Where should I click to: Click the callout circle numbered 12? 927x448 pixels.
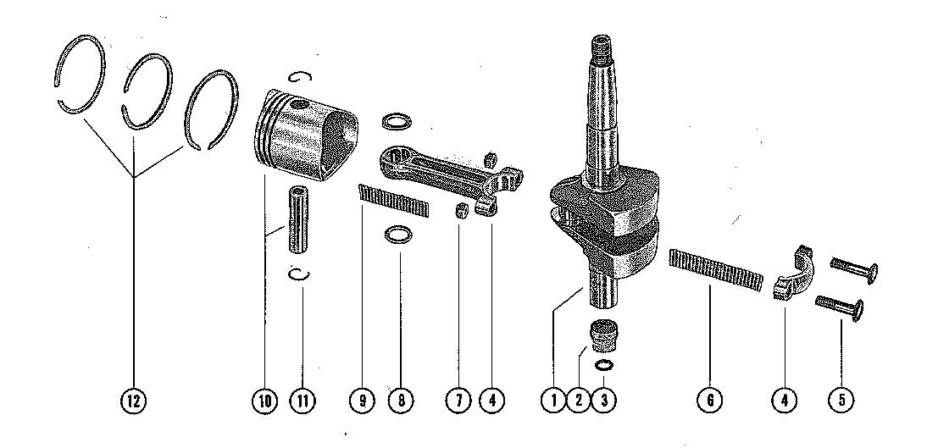click(134, 401)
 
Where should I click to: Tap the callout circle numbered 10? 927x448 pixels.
click(264, 401)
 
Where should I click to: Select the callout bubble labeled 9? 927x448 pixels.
click(363, 401)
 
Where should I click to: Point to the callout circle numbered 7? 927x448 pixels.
click(458, 401)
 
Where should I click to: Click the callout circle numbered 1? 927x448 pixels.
click(554, 401)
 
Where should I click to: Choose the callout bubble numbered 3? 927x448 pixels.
click(603, 401)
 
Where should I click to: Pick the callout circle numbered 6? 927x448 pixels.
click(710, 401)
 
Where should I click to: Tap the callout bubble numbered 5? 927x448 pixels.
click(842, 401)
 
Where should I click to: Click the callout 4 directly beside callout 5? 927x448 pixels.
click(784, 401)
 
